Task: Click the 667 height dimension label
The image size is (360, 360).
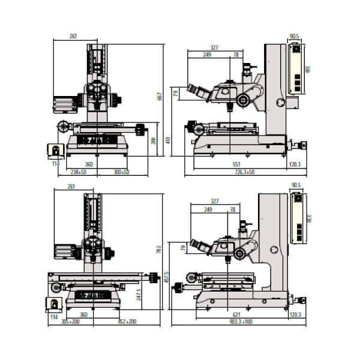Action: (x=159, y=97)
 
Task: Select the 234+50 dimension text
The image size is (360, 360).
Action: (x=77, y=172)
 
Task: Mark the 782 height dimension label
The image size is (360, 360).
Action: (x=159, y=248)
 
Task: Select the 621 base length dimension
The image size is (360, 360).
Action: (x=236, y=314)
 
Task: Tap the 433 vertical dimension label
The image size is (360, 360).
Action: (x=169, y=140)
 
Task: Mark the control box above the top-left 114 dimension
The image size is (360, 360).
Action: (x=55, y=151)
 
